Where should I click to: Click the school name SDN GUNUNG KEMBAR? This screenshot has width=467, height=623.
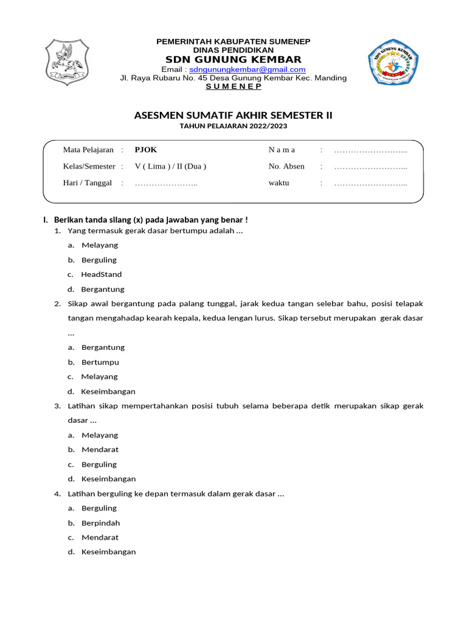(233, 59)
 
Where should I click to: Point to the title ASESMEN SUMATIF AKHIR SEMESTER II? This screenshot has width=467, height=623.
(233, 116)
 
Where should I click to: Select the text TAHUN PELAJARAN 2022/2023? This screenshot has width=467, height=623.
(233, 126)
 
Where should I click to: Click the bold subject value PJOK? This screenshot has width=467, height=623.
(145, 150)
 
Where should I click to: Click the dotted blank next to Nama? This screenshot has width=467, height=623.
(370, 150)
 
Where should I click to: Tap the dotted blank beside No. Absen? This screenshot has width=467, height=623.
(370, 167)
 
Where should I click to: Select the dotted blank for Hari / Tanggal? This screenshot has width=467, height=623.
(166, 183)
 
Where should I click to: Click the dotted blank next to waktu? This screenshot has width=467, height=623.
(370, 183)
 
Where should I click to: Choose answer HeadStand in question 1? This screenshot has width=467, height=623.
(101, 274)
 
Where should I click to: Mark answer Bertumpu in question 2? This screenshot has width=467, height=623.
(100, 362)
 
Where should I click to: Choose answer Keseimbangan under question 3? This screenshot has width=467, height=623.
(108, 479)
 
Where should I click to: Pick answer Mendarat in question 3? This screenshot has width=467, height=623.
(100, 450)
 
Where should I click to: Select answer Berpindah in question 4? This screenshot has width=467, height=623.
(100, 523)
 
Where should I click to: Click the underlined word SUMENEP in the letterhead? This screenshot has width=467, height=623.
(233, 86)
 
